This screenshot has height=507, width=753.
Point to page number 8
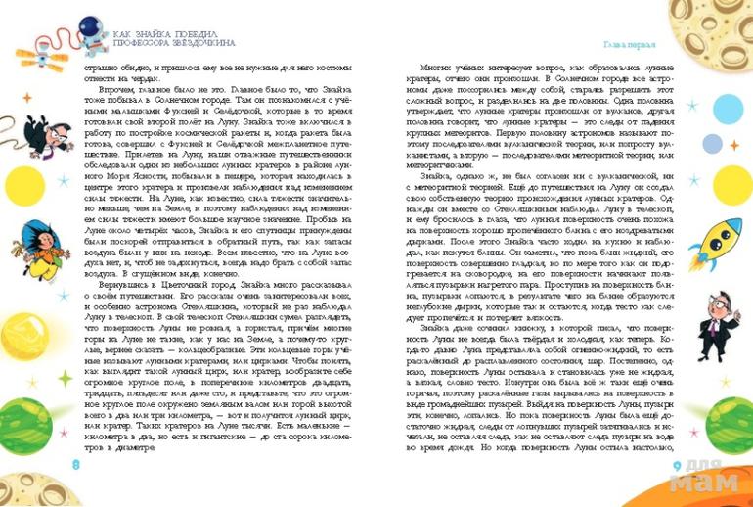tap(76, 464)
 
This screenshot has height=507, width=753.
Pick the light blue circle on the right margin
tap(729, 107)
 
